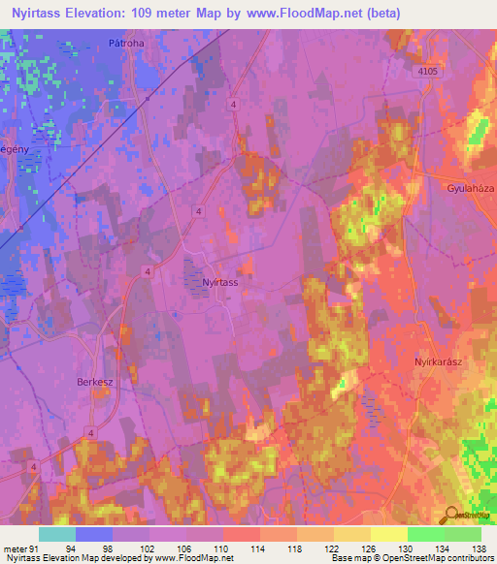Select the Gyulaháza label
pyautogui.click(x=471, y=186)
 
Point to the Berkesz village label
pyautogui.click(x=95, y=382)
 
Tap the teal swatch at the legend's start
pyautogui.click(x=57, y=534)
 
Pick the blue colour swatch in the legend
pyautogui.click(x=94, y=534)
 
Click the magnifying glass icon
pyautogui.click(x=452, y=516)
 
